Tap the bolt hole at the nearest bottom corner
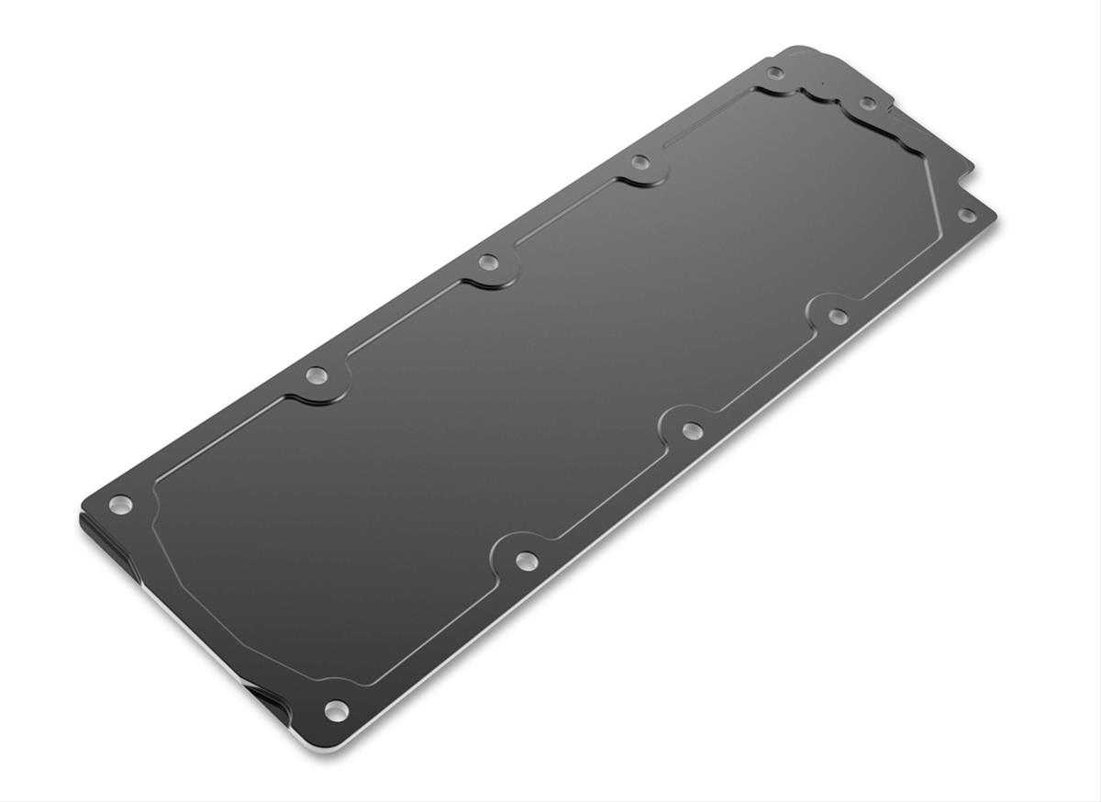click(x=336, y=708)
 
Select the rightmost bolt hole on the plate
click(x=966, y=215)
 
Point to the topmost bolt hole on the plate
click(x=775, y=72)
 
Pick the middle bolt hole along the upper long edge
click(x=488, y=263)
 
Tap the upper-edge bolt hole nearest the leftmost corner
click(x=317, y=374)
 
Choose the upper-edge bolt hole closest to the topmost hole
click(x=640, y=163)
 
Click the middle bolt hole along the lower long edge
click(x=693, y=429)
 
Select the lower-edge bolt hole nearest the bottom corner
click(x=525, y=559)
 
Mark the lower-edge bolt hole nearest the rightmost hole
click(x=838, y=317)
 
